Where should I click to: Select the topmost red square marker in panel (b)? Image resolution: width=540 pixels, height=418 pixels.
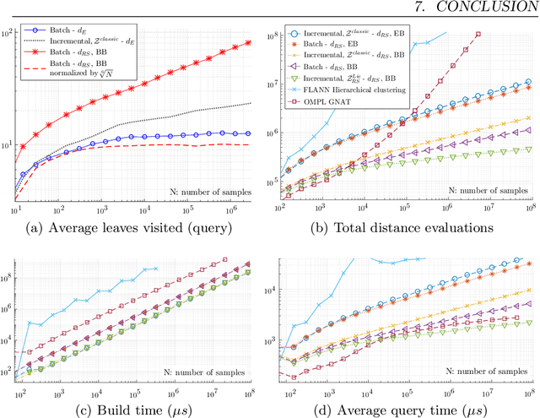point(478,35)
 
